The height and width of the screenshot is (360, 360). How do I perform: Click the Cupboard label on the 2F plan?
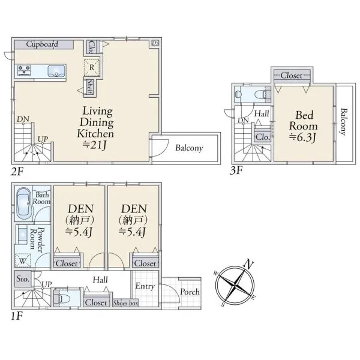[42, 44]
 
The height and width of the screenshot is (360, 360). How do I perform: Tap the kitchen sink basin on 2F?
[56, 71]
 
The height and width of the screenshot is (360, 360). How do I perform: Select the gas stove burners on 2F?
[24, 70]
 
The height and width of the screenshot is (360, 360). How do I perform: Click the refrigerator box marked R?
[92, 67]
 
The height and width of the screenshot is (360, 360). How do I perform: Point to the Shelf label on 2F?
[90, 87]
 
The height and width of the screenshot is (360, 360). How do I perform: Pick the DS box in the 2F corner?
[155, 43]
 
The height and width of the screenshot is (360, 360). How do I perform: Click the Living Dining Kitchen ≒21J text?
[95, 128]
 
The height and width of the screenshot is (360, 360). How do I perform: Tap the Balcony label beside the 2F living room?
[189, 148]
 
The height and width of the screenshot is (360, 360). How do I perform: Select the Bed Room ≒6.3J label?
[304, 126]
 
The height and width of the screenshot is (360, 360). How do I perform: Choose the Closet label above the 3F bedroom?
[292, 76]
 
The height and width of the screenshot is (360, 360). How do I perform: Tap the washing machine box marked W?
[23, 260]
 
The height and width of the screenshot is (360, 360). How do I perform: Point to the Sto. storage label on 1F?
[23, 279]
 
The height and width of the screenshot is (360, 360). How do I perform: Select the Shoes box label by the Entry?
[125, 303]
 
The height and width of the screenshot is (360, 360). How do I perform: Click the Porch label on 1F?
[190, 292]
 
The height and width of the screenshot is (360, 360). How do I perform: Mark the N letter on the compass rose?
[248, 264]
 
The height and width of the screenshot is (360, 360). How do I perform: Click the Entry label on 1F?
[145, 286]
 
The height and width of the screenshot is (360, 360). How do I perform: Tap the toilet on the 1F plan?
[62, 298]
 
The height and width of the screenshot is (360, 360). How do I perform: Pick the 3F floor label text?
[236, 170]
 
